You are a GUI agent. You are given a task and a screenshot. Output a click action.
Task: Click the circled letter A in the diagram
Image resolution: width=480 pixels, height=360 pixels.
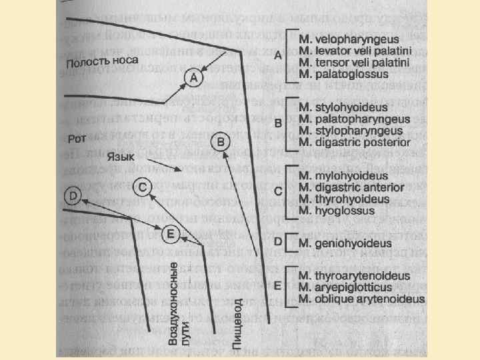(x=193, y=79)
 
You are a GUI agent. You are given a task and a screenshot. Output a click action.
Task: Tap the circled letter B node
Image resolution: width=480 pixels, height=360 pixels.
(x=222, y=143)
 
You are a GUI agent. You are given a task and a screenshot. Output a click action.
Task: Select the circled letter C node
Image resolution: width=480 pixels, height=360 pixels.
(x=143, y=187)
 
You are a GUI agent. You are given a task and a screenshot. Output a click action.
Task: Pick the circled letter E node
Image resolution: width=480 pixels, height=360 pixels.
(x=171, y=233)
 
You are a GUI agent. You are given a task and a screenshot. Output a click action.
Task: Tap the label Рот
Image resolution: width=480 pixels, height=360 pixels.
(x=76, y=140)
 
